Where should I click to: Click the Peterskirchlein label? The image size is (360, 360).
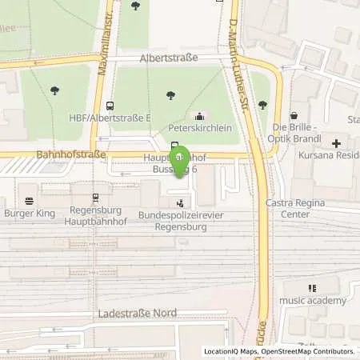pos(199,128)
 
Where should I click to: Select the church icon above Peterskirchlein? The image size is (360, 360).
pos(199,115)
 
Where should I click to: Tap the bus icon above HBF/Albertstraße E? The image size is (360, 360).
pos(110,106)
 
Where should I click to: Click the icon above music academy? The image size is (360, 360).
pos(312,288)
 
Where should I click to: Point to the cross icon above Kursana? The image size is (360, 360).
pos(337,144)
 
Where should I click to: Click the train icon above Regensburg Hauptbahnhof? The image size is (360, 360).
pos(95,197)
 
